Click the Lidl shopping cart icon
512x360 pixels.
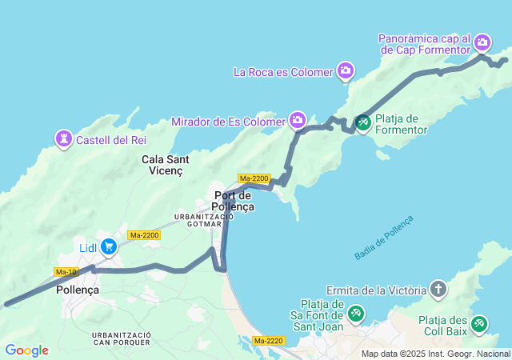click(107, 247)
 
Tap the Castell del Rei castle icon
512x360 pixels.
click(63, 139)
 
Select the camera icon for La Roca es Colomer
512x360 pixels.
click(346, 71)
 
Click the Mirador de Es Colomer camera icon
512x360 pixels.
click(298, 121)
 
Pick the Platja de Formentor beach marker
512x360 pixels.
click(362, 122)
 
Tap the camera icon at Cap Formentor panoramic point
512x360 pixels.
click(482, 42)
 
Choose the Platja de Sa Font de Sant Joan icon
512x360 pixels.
click(356, 313)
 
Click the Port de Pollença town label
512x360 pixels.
click(234, 201)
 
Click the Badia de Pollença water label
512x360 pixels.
click(385, 237)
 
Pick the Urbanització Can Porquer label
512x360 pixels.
click(121, 338)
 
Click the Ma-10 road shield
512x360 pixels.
click(66, 272)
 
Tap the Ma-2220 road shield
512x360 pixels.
click(269, 341)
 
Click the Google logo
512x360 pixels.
click(26, 350)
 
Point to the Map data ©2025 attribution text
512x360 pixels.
click(434, 354)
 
